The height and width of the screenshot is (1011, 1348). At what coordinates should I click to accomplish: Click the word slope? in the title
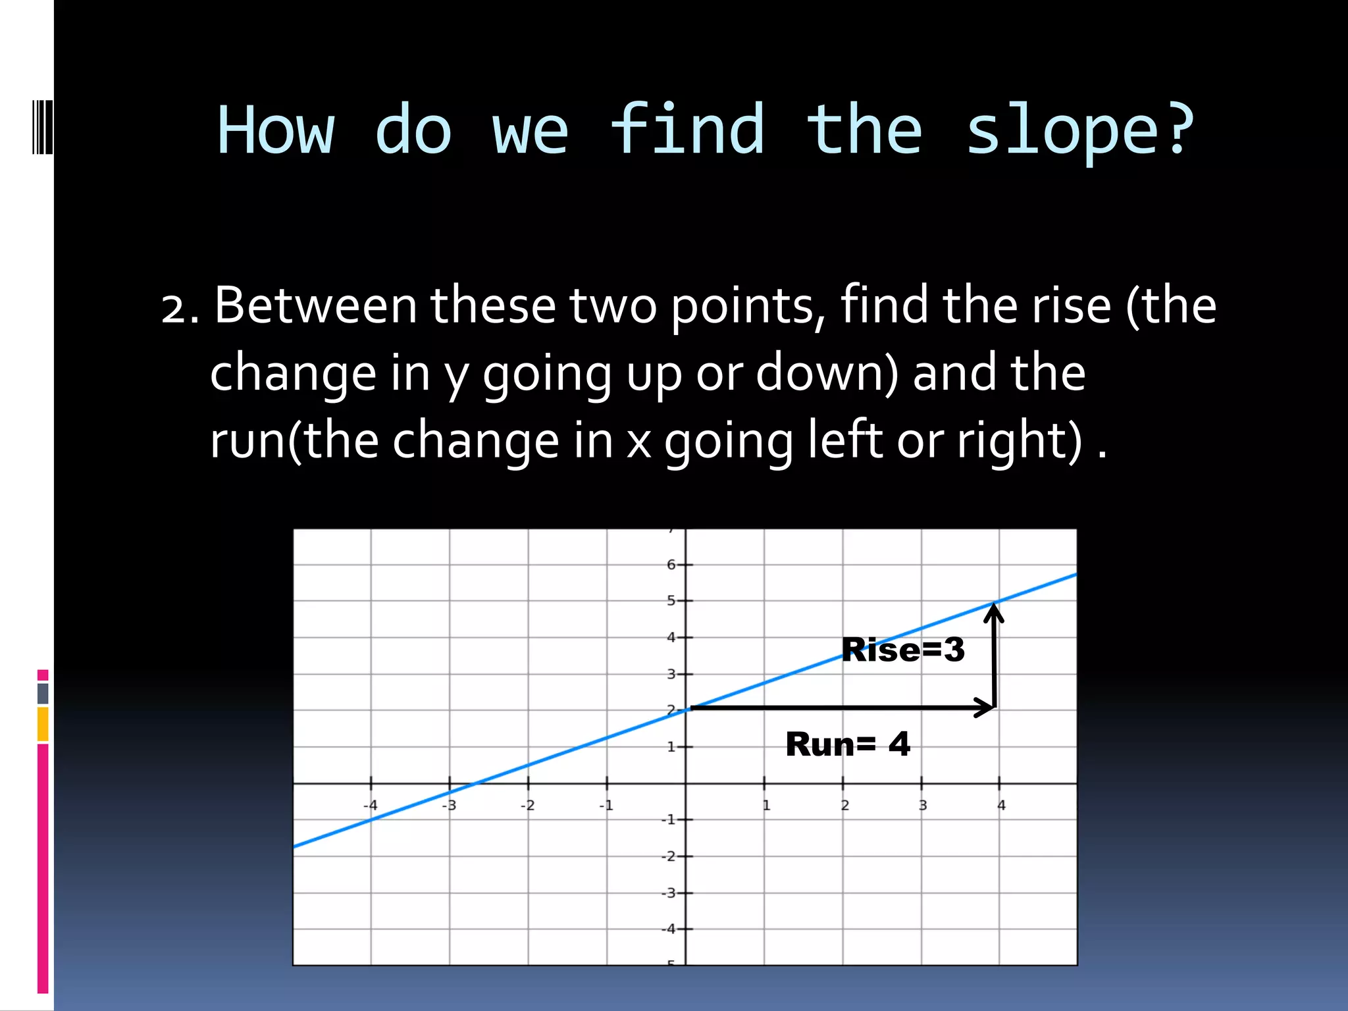[1079, 132]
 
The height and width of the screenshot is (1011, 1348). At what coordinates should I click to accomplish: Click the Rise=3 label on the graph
[903, 650]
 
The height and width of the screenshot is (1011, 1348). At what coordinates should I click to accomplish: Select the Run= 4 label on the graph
[848, 744]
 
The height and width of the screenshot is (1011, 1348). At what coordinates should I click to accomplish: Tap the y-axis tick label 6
[671, 565]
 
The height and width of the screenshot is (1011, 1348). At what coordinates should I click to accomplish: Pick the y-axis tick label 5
[671, 600]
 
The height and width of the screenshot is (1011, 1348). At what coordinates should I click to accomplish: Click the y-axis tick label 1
[671, 747]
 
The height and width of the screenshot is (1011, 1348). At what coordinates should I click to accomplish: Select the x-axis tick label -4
[371, 805]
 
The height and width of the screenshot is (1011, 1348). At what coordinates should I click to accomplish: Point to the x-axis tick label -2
[527, 805]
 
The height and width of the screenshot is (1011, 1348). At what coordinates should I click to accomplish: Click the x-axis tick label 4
[1001, 805]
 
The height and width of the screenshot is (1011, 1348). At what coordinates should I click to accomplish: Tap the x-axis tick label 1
[766, 805]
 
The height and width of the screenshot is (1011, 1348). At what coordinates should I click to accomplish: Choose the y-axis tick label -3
[669, 893]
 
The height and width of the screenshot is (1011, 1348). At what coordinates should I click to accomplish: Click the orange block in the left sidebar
[43, 724]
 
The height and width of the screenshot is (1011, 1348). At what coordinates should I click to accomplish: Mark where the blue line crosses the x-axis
[475, 783]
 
